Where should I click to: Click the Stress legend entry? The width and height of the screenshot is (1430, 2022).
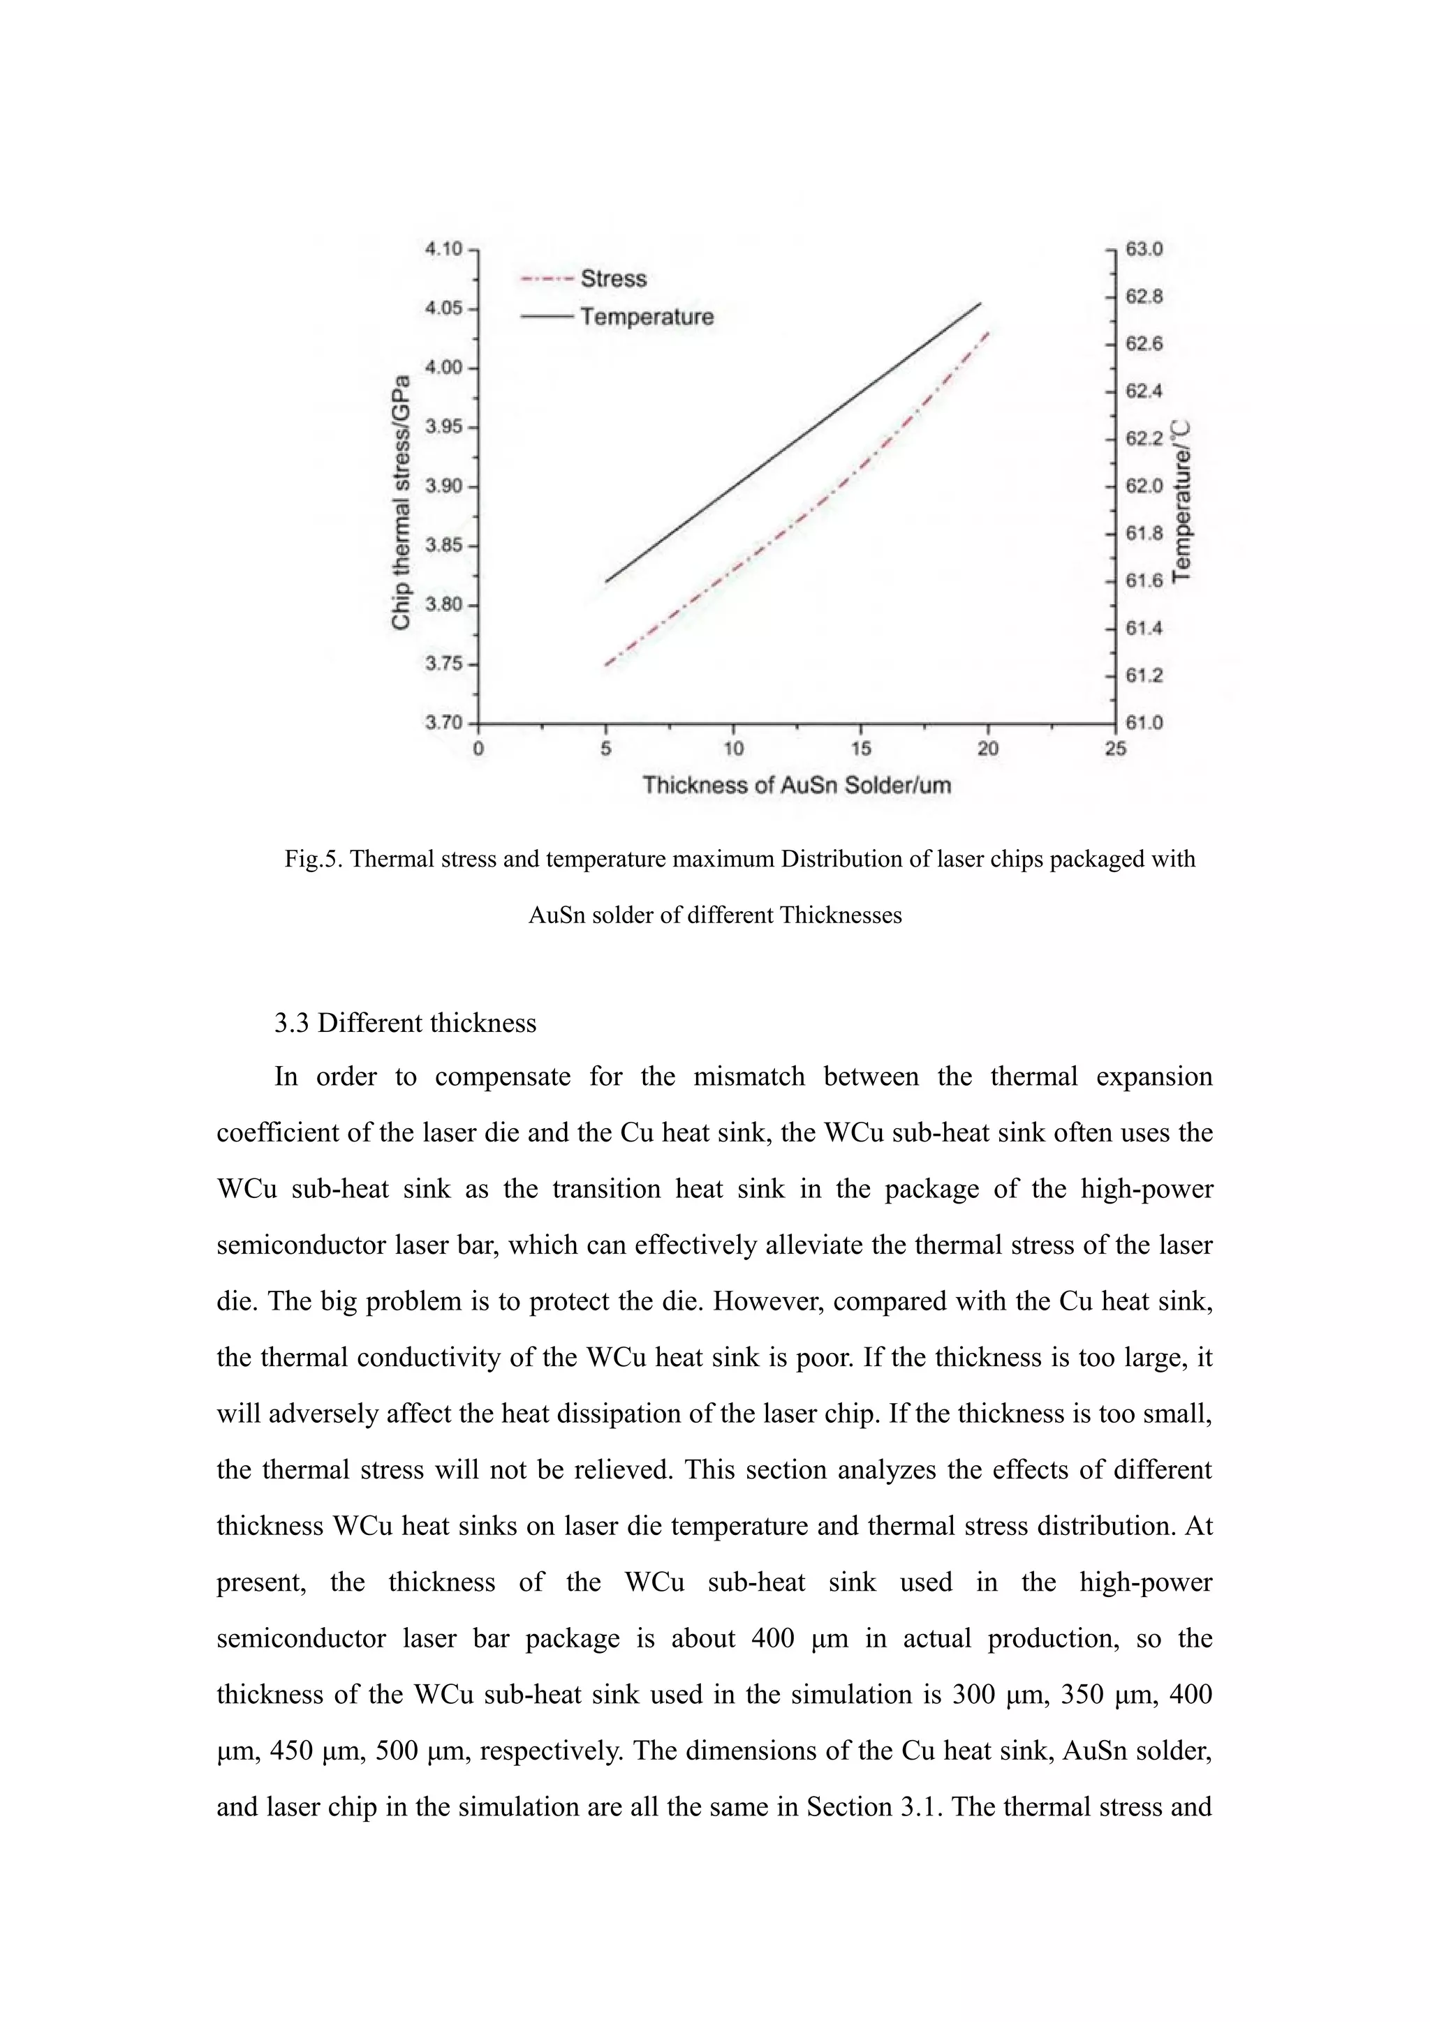[612, 279]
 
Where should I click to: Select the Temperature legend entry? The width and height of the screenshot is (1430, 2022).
[646, 317]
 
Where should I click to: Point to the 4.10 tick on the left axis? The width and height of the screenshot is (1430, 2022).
[444, 249]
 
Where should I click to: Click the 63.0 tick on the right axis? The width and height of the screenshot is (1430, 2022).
[1144, 249]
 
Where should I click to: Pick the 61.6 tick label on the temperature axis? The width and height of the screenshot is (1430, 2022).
[1144, 581]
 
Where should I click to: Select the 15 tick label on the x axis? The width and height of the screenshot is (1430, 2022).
[861, 749]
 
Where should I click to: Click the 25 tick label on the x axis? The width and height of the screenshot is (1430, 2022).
[1114, 749]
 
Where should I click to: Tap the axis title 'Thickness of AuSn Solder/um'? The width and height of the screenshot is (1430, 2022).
[797, 786]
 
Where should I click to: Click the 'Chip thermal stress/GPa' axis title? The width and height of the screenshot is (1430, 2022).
[401, 502]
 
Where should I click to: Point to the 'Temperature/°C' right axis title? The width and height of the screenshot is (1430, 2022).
[1181, 500]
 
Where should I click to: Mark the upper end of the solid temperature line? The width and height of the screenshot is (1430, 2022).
[980, 304]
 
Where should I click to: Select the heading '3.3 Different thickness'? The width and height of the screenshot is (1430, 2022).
[405, 1024]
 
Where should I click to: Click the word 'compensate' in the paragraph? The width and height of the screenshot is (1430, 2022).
[502, 1077]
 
